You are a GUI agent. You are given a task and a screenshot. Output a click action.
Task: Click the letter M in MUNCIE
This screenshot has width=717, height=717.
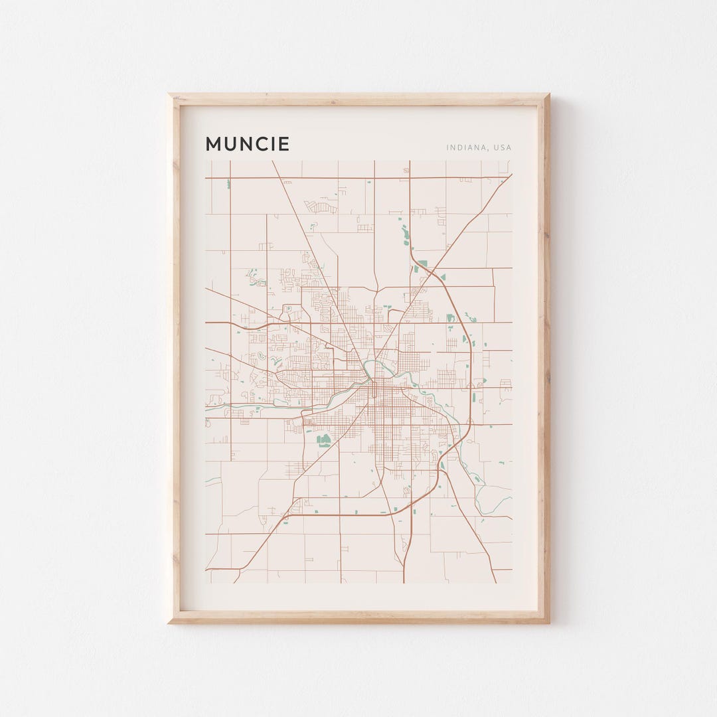tap(214, 144)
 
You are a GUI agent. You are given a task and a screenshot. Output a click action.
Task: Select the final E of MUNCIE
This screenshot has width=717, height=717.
tap(283, 144)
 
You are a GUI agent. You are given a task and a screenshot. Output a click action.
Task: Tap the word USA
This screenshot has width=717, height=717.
tap(503, 147)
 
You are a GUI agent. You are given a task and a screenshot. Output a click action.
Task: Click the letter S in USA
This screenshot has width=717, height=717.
tap(503, 147)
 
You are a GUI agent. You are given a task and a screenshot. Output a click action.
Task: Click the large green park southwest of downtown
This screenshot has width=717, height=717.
tap(323, 439)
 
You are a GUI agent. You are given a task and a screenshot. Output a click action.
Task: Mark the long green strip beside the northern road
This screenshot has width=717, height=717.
tap(404, 233)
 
